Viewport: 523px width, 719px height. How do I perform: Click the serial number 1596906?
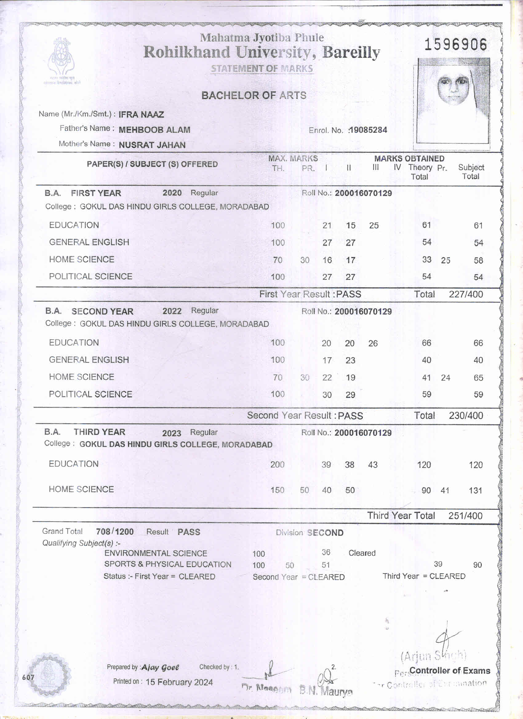pos(455,44)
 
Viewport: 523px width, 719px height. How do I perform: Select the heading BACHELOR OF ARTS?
pos(254,95)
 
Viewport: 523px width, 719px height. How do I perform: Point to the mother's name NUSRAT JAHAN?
pos(152,145)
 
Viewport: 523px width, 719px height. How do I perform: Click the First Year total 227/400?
pos(465,294)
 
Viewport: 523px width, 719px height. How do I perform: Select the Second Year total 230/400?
pos(465,415)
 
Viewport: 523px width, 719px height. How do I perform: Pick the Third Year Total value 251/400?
pos(465,515)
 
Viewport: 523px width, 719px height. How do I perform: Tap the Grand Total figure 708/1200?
pos(115,531)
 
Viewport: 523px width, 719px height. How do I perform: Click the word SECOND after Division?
pos(325,533)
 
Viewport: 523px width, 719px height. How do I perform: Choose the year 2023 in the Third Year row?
pos(172,433)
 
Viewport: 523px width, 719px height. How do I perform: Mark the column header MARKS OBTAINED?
pos(409,158)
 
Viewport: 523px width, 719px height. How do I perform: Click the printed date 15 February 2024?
pos(179,682)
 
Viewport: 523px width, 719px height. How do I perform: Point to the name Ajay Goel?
pos(160,667)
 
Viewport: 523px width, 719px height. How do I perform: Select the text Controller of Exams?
pos(450,670)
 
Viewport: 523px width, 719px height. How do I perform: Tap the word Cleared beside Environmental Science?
pos(362,553)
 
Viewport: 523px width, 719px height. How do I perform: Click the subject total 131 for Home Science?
pos(475,491)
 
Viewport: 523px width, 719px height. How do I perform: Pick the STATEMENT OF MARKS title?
pos(262,69)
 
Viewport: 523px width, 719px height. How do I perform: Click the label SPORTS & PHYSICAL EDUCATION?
pos(168,564)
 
